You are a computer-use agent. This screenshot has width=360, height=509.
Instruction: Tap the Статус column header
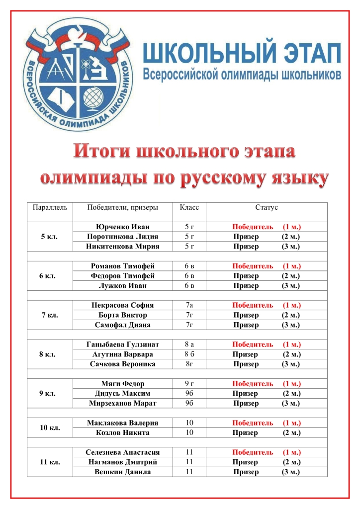267,207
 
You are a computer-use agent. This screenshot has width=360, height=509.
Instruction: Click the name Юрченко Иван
122,227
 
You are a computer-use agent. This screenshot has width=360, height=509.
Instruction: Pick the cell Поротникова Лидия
122,237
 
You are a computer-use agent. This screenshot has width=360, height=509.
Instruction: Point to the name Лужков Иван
122,286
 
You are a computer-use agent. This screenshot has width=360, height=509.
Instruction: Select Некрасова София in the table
122,305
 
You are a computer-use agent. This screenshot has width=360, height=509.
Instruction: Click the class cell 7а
189,305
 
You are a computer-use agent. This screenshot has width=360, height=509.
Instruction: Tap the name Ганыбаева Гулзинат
122,344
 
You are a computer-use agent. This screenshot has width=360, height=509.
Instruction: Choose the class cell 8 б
189,354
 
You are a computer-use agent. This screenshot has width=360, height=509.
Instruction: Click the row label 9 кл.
50,394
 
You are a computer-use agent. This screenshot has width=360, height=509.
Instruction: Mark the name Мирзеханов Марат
122,403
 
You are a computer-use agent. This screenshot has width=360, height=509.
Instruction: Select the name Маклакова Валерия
122,423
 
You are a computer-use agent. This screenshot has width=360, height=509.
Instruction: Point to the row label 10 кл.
50,428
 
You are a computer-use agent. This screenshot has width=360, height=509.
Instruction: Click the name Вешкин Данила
122,472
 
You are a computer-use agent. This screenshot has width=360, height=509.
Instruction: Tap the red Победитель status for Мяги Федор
253,384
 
